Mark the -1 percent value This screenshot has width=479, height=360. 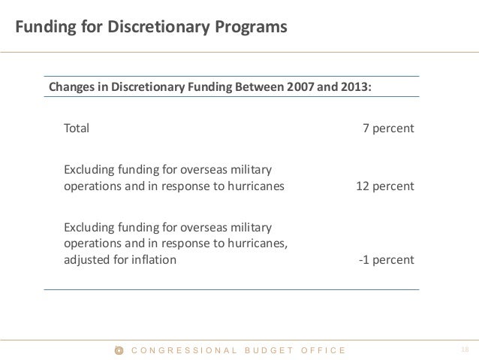pos(386,260)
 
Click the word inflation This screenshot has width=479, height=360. pos(153,260)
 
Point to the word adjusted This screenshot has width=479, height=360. pos(87,260)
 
